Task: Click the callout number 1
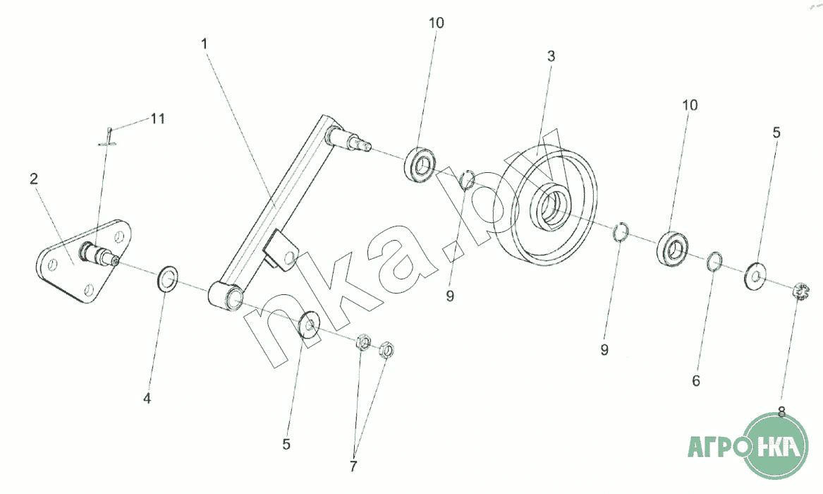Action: [x=204, y=44]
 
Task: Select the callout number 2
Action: [x=33, y=179]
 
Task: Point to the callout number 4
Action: [x=147, y=399]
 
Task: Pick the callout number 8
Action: [x=781, y=413]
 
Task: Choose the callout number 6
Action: [x=695, y=381]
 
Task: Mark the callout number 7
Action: [x=353, y=466]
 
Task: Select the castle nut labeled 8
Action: [x=800, y=290]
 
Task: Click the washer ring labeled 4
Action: [x=167, y=279]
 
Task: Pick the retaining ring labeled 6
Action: [x=714, y=260]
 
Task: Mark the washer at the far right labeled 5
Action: [x=756, y=275]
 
